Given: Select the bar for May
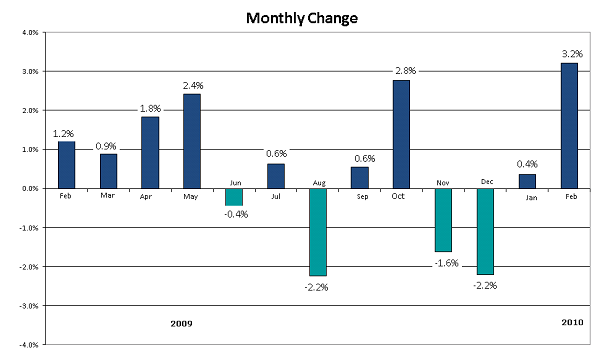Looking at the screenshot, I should click(x=192, y=141).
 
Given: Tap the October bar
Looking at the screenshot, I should click(x=401, y=134).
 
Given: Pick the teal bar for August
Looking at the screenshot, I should click(x=318, y=231).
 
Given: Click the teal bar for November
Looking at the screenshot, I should click(x=443, y=219).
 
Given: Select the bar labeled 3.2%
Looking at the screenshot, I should click(x=569, y=126).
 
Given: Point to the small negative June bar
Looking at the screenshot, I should click(x=234, y=196).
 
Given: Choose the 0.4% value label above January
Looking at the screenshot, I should click(x=527, y=164).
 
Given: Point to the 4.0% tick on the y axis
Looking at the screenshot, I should click(x=29, y=33).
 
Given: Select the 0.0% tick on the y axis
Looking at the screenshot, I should click(x=29, y=189).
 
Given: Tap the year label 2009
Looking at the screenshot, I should click(x=181, y=324).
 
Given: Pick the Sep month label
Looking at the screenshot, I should click(x=360, y=197).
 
